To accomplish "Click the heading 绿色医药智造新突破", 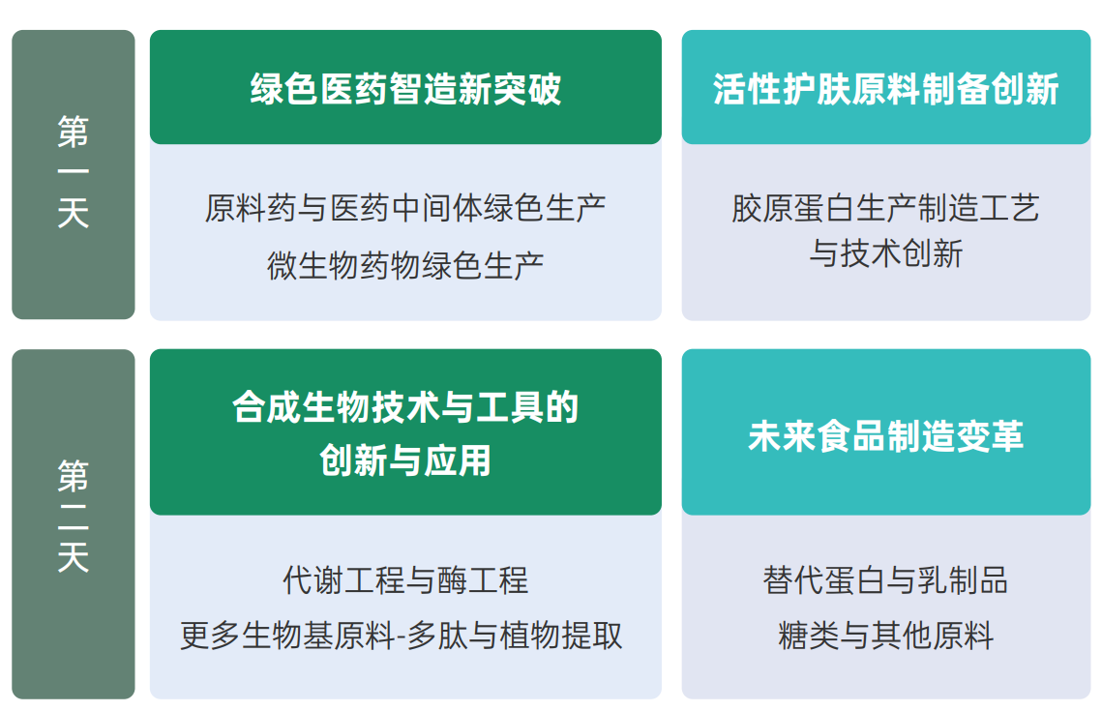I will (405, 90).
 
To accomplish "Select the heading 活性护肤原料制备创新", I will (885, 90).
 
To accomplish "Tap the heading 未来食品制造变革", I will (885, 436).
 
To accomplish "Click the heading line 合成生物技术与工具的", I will (405, 407).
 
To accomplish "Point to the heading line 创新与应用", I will (405, 460).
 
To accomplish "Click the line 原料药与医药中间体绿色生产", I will (405, 208).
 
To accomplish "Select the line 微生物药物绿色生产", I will (405, 264).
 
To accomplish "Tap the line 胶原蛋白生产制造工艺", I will (885, 208).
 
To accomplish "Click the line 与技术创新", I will (885, 253).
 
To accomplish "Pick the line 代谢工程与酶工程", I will (405, 580).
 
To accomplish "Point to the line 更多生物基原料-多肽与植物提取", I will (402, 636).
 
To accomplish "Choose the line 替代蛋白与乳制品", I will (885, 580).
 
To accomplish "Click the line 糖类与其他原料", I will (885, 636).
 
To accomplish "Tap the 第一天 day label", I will (74, 174).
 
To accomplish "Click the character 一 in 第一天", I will (74, 173).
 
